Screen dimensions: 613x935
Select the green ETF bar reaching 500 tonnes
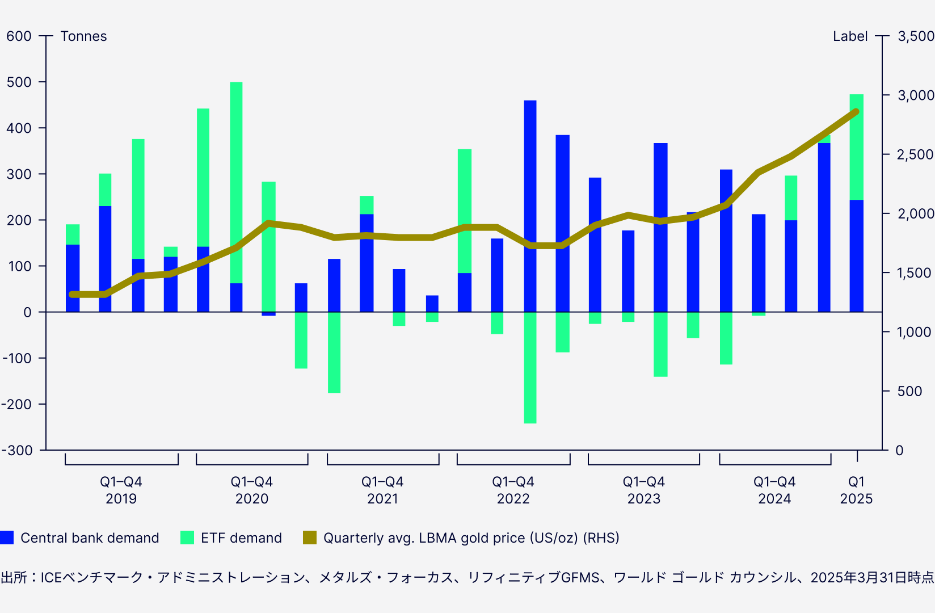(236, 182)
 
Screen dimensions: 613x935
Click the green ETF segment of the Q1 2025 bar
(856, 147)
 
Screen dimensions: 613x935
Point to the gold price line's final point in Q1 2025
(856, 111)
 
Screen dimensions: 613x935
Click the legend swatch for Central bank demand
(7, 538)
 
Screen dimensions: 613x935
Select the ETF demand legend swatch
(187, 538)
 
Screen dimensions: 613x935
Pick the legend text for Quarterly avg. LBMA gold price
(471, 538)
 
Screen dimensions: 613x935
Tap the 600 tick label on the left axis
(19, 36)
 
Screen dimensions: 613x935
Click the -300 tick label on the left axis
(17, 450)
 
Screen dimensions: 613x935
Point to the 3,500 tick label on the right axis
(915, 36)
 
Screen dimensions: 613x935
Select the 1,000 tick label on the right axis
(913, 332)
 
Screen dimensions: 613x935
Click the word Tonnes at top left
(83, 36)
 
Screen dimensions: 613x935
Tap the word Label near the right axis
(850, 36)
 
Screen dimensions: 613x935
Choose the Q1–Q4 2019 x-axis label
(121, 490)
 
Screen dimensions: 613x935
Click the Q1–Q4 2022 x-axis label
(513, 490)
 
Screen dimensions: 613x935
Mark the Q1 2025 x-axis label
(856, 490)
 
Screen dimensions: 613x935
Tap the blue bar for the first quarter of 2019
(73, 278)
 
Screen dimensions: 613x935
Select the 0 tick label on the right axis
(899, 451)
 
